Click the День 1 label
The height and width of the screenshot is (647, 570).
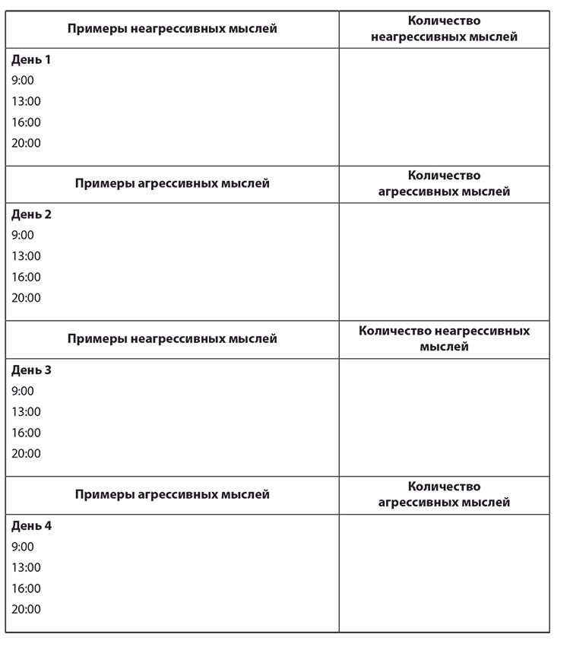click(x=31, y=59)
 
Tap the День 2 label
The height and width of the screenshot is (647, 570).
click(x=31, y=214)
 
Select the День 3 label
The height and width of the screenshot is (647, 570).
click(x=31, y=370)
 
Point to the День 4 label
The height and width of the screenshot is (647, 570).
click(x=31, y=525)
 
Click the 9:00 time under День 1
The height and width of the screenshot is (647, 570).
click(x=23, y=80)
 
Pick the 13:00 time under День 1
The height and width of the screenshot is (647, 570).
click(x=26, y=101)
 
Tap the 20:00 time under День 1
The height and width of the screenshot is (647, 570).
click(x=26, y=143)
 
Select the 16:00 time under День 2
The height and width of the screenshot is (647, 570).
click(x=26, y=277)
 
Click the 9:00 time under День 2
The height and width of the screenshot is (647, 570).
click(x=23, y=235)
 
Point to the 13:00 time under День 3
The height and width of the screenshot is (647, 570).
click(x=26, y=411)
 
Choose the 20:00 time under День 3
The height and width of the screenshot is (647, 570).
click(x=26, y=453)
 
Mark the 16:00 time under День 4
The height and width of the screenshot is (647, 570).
click(x=26, y=588)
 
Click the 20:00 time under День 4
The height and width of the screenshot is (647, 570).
click(x=26, y=609)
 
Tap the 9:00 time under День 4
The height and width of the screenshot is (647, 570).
click(x=23, y=546)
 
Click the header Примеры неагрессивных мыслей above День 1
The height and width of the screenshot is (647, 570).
click(x=172, y=29)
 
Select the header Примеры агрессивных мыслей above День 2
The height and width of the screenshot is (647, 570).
click(x=172, y=183)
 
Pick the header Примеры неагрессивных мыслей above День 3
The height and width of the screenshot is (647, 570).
click(x=172, y=338)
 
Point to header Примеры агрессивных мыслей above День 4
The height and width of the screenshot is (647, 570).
click(x=172, y=494)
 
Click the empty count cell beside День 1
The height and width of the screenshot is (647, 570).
click(x=444, y=106)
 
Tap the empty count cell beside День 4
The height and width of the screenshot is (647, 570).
click(x=444, y=572)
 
